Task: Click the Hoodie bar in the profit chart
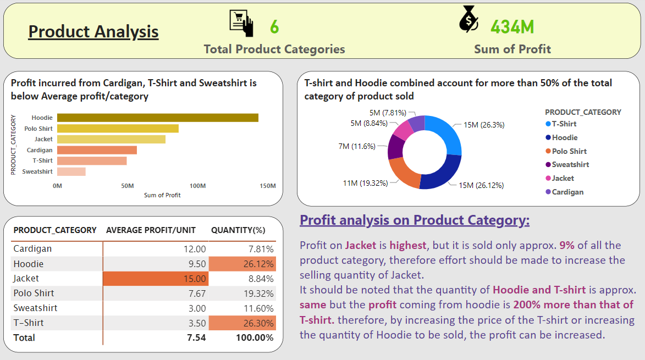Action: (157, 118)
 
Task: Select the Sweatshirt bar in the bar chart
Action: (71, 171)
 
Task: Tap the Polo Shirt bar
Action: (118, 129)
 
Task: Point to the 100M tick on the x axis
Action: (197, 186)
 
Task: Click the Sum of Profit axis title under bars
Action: (162, 195)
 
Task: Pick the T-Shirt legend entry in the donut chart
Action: (564, 124)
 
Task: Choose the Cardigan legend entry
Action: (567, 192)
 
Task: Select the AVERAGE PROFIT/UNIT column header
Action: (151, 230)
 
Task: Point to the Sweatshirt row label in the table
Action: (35, 308)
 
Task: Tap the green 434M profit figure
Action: (512, 26)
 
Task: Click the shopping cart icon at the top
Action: (241, 23)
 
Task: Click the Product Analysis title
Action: (93, 31)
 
